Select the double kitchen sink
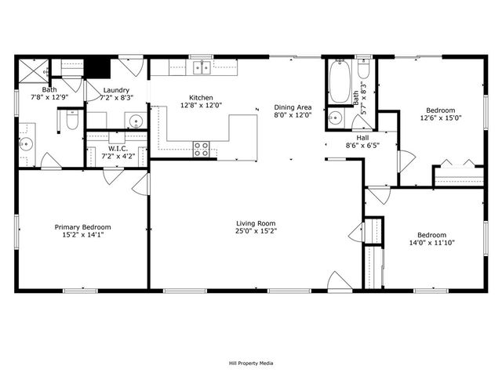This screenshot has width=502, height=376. (x=202, y=68)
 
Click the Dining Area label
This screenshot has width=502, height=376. (x=293, y=107)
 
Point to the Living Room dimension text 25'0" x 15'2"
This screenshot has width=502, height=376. (x=256, y=232)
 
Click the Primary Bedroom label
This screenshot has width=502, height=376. (x=82, y=227)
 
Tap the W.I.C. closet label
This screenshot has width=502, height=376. (x=118, y=147)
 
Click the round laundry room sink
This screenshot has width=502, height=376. (x=135, y=121)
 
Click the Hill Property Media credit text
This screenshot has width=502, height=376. (x=250, y=363)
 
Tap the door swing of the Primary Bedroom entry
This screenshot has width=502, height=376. (x=140, y=185)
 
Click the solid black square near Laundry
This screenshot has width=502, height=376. (x=96, y=67)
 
